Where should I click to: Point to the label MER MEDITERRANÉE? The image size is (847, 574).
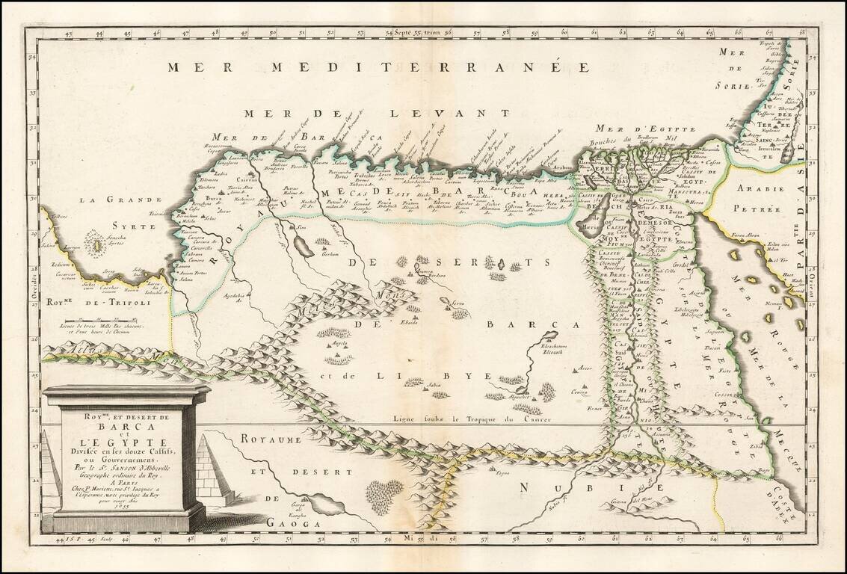(373, 67)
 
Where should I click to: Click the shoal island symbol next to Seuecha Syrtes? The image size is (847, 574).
(96, 244)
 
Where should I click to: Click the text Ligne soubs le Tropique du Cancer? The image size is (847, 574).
(471, 419)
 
